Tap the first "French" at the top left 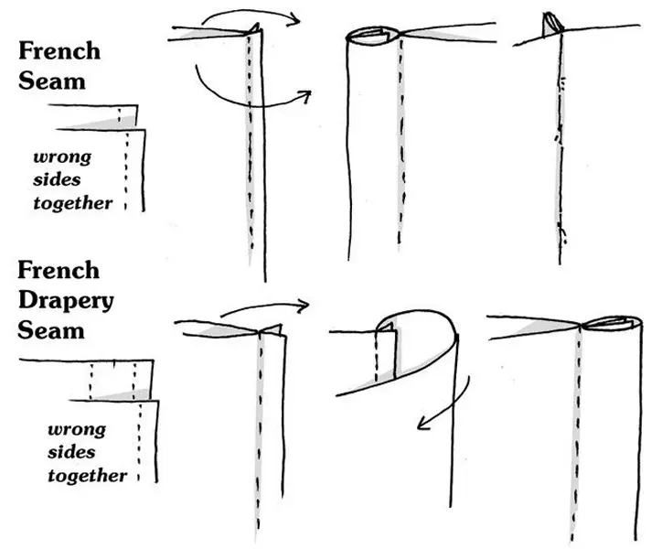[x=59, y=51]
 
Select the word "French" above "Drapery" [x=59, y=272]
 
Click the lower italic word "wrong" [x=77, y=428]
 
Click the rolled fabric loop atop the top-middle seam [x=374, y=36]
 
